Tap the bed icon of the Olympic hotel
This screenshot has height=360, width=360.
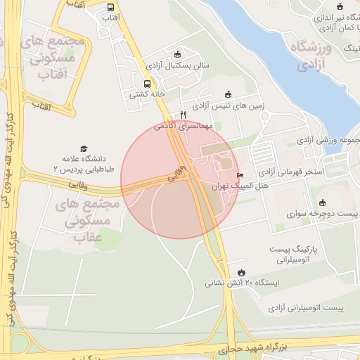tap(240, 176)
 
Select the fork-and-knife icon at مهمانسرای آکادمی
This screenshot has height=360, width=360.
tap(183, 114)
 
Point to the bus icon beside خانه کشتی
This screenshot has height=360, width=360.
tap(146, 83)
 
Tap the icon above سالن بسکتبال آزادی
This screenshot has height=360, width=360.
tap(177, 54)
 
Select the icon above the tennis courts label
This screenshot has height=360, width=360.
tap(227, 94)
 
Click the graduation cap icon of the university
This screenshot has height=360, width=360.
tap(84, 149)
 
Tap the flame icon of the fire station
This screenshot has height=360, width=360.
tap(242, 271)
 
